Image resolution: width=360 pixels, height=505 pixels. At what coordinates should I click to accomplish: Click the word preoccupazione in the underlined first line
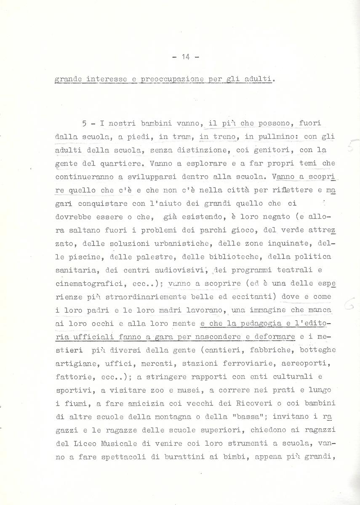pos(167,79)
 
